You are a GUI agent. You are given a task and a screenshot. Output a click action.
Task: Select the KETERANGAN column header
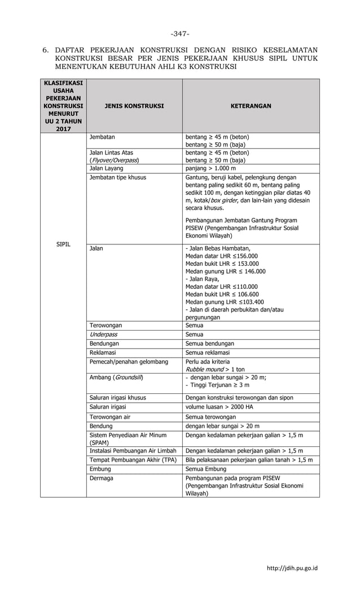click(x=250, y=106)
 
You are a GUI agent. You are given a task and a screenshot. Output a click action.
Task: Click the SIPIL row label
click(x=63, y=245)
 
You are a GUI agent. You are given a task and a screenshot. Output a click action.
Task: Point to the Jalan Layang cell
click(x=107, y=168)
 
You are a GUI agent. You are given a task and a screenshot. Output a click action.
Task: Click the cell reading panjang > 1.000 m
click(x=210, y=168)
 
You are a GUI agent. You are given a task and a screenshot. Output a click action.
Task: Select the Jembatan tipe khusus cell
click(x=118, y=177)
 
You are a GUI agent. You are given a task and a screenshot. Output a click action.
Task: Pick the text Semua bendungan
click(x=209, y=344)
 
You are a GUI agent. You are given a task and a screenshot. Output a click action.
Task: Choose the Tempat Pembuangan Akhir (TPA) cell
click(x=133, y=460)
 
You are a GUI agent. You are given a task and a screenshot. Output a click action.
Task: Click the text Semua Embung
click(x=205, y=469)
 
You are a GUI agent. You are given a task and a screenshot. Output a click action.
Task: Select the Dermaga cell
click(x=102, y=478)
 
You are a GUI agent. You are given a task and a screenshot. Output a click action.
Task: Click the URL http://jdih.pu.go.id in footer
click(x=292, y=568)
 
